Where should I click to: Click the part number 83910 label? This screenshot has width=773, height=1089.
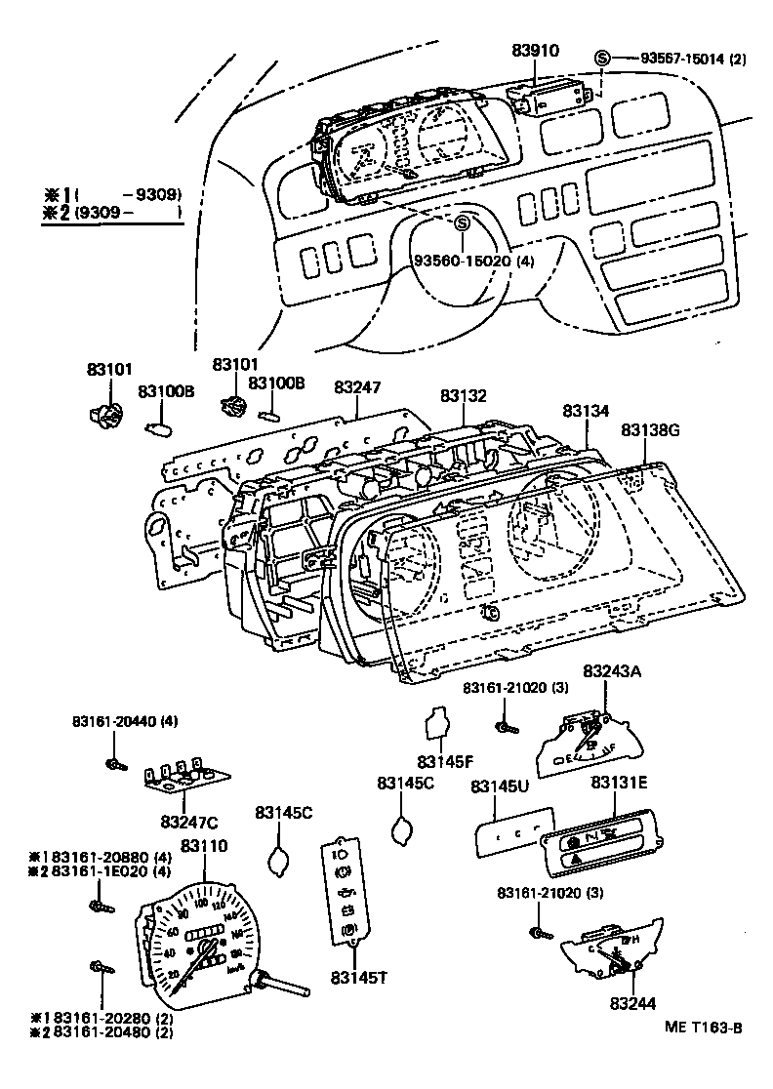[536, 51]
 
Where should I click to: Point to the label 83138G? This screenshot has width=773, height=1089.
[651, 429]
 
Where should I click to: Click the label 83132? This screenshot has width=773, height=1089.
[463, 395]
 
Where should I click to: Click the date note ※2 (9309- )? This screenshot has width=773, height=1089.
[112, 212]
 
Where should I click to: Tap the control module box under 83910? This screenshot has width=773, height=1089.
[552, 95]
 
